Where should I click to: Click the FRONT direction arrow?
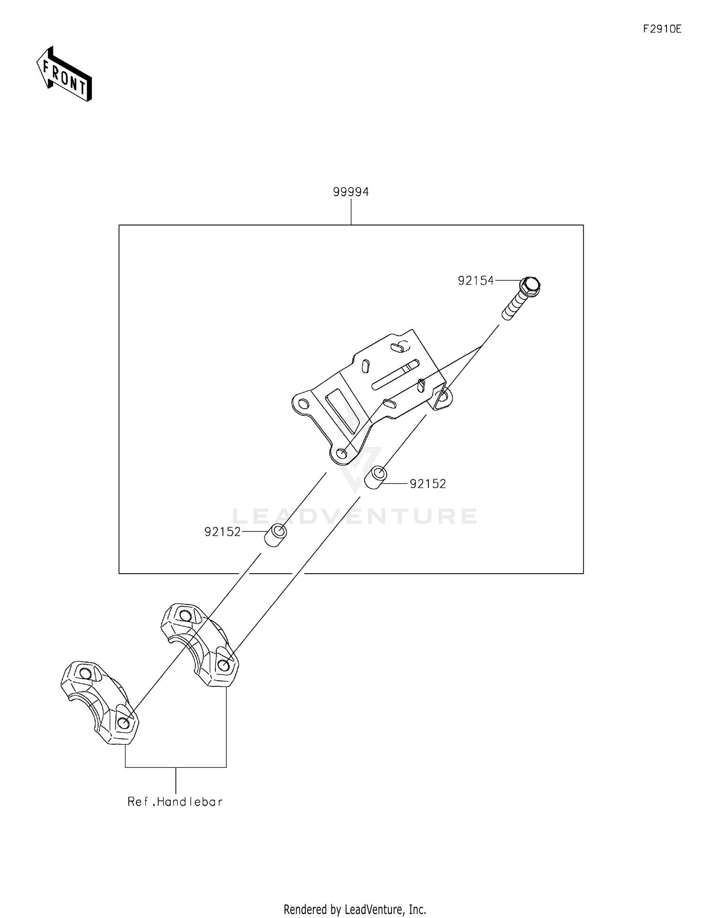pos(64,74)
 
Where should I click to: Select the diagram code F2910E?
pos(662,29)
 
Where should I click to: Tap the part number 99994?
pos(351,192)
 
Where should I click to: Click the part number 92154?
pos(476,281)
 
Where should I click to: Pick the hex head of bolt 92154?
pos(530,286)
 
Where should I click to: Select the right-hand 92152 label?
pos(428,484)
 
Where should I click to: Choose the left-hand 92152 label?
pos(222,531)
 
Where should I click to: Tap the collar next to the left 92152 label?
pos(276,536)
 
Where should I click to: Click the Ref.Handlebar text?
pos(175,802)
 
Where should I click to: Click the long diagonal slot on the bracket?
pos(395,375)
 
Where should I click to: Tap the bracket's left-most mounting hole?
pos(303,405)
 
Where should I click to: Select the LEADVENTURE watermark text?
pos(355,516)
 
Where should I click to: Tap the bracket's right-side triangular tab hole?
pos(442,396)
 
